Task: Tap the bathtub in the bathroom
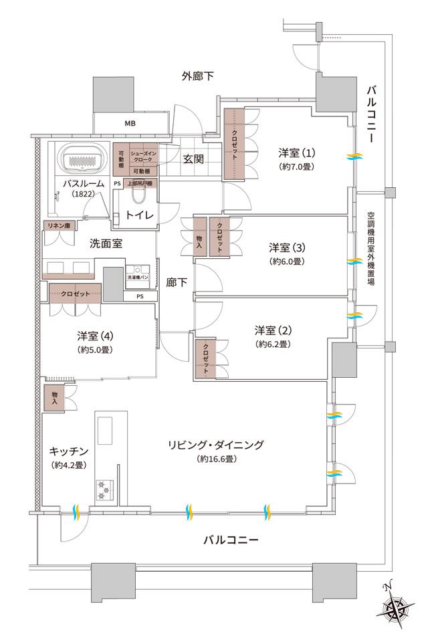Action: click(84, 160)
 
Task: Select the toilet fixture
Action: click(139, 195)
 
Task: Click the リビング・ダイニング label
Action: click(215, 445)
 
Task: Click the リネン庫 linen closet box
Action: click(58, 225)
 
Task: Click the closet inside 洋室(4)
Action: click(76, 294)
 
